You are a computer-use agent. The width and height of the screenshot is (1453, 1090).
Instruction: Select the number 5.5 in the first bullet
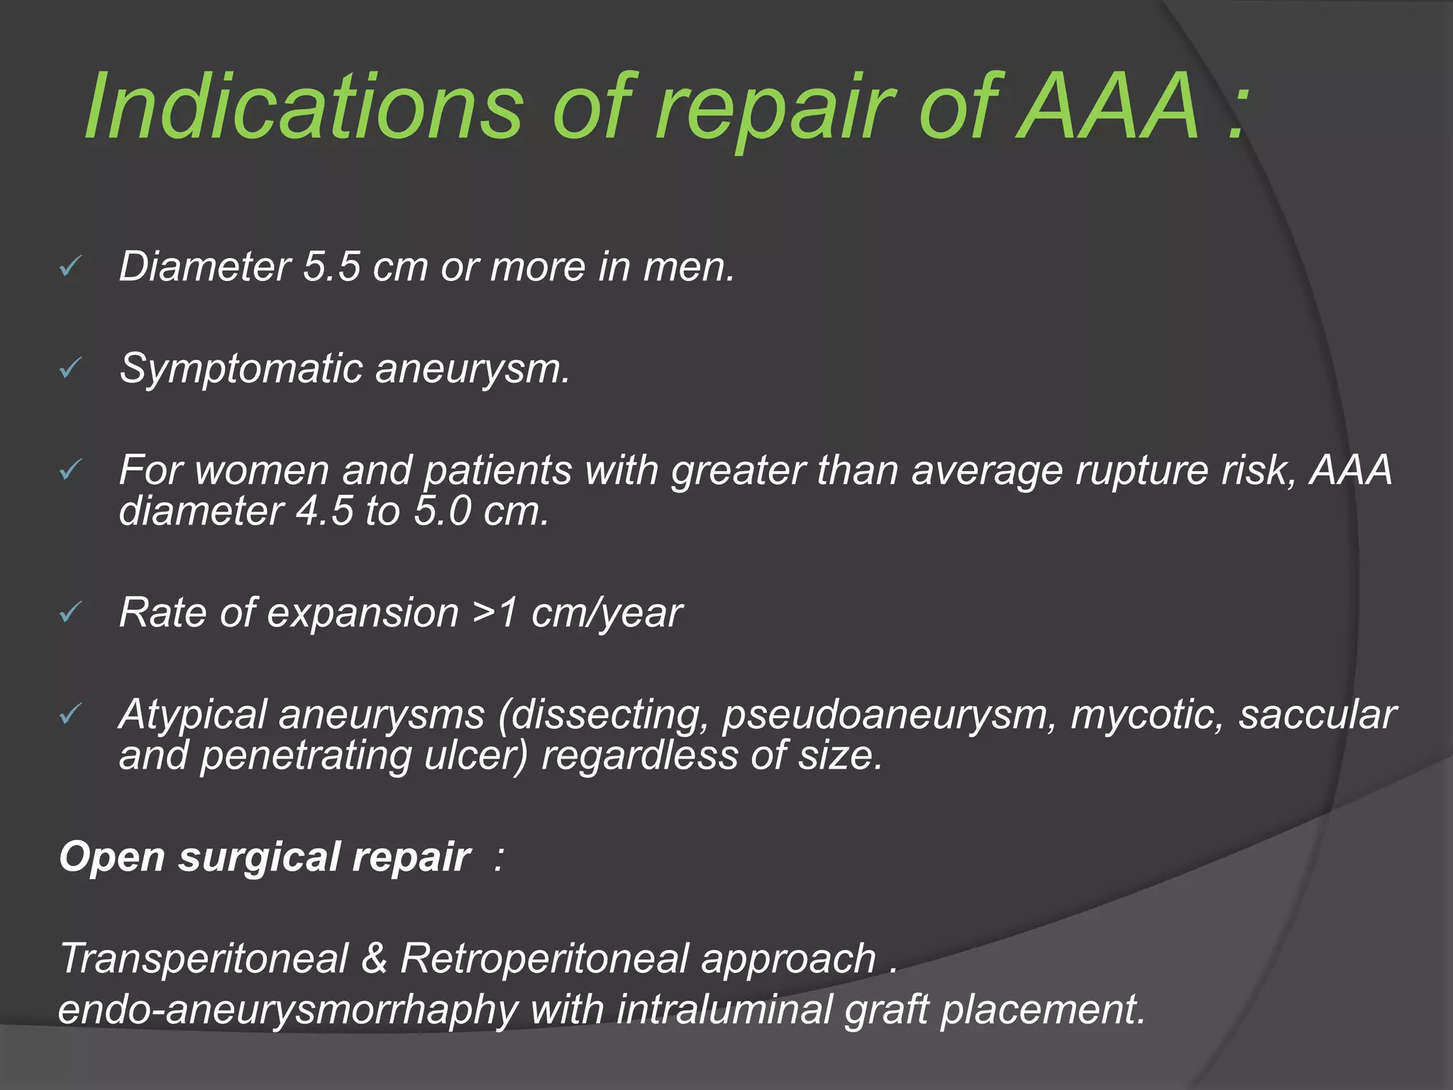[332, 267]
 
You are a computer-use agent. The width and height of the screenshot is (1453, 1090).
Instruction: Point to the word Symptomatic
[241, 369]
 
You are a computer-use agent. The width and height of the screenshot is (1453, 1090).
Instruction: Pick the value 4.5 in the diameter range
[324, 511]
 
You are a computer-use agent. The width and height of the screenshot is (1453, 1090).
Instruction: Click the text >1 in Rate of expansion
[495, 612]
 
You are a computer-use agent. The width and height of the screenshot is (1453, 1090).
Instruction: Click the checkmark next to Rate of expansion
[71, 612]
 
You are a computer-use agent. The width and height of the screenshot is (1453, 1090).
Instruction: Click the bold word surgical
[260, 857]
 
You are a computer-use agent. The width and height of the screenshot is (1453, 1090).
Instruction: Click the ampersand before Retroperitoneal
[374, 958]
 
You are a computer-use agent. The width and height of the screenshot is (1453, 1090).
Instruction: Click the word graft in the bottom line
[887, 1009]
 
